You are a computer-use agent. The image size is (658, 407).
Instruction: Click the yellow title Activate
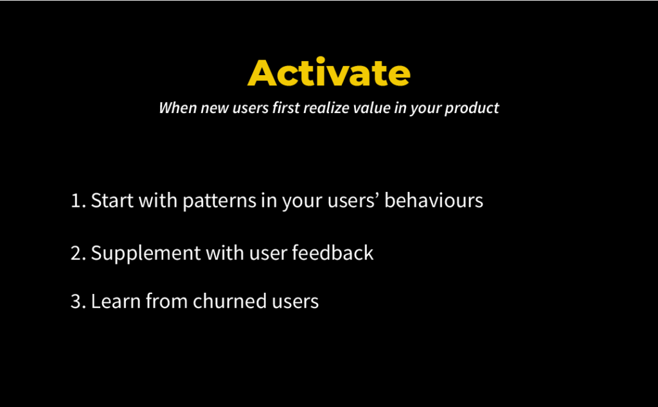pos(328,73)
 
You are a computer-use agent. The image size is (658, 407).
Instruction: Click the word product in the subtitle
pos(472,108)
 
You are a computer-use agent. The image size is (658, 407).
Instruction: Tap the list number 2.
pos(77,253)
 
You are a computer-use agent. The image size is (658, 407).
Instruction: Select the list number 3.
pos(77,301)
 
